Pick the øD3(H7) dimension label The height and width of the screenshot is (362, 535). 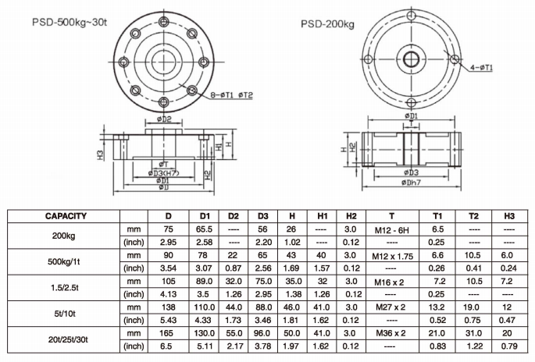click(163, 172)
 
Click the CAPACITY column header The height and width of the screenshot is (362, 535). click(66, 216)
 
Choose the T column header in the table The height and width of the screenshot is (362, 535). click(390, 216)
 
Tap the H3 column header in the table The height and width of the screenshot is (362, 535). click(509, 216)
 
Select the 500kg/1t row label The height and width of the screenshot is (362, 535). click(66, 261)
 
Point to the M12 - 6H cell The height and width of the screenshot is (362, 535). click(390, 229)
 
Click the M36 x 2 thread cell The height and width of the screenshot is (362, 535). click(390, 332)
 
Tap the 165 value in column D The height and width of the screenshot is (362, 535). click(167, 332)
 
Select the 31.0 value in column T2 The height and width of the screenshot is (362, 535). click(474, 332)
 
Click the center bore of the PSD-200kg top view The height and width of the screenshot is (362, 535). click(409, 60)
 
